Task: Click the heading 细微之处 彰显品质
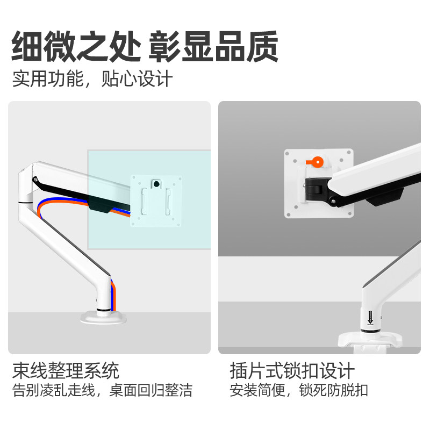145,47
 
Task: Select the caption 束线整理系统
66,370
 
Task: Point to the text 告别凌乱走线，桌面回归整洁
102,391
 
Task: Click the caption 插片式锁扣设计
292,370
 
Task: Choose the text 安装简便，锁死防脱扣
298,391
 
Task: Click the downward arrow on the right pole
370,317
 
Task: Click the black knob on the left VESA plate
156,184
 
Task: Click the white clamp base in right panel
371,341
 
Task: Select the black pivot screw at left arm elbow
35,180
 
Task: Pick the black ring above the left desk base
103,310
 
